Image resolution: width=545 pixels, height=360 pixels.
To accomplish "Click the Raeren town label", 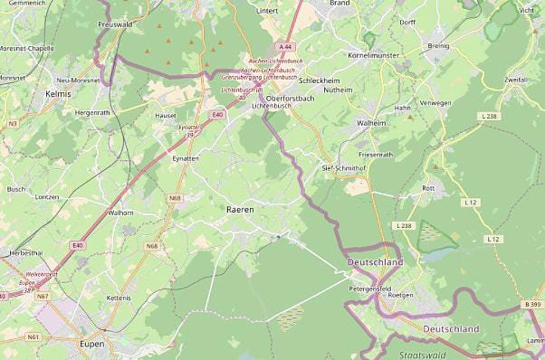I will pos(237,209).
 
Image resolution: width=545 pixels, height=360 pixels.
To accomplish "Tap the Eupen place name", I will pos(91,345).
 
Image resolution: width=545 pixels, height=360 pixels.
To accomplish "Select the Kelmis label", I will pos(57,92).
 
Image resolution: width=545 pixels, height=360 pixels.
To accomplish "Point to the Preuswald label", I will pos(115,24).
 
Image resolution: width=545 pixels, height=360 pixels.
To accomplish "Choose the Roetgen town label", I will pos(399,295).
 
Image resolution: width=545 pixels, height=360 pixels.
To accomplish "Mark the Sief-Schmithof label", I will pos(343,168).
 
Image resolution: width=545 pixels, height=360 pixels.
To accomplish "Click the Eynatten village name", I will pos(186,158).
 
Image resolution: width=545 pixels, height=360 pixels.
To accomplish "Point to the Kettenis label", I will pos(119,298).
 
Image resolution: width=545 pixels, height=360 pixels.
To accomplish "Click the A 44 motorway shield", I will pos(286,46).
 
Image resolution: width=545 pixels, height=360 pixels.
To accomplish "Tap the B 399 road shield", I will pos(532,305).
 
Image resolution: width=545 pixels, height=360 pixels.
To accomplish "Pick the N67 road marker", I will pos(43,296).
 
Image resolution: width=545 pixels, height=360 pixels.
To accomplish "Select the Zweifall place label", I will pos(516,81).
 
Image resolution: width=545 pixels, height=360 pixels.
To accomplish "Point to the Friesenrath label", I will pos(376,155).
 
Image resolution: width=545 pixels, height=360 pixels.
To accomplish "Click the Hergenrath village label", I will pos(92,112).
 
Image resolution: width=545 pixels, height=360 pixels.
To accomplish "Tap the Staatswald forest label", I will pos(422,355).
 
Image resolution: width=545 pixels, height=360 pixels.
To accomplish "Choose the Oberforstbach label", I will pos(290,98).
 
